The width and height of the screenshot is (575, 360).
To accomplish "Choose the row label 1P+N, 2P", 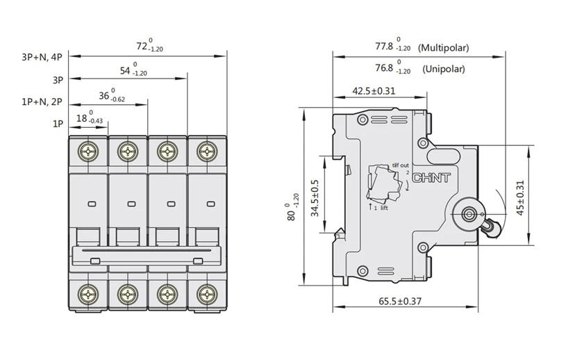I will [42, 101].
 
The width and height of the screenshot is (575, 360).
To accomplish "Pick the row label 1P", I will [58, 123].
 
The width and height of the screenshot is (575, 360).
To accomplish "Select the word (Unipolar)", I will [444, 69].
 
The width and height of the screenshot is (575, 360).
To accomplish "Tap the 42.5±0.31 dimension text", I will [374, 90].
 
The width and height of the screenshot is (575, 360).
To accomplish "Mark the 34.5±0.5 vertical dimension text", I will [315, 197].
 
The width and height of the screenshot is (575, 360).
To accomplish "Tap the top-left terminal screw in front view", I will [87, 151].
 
